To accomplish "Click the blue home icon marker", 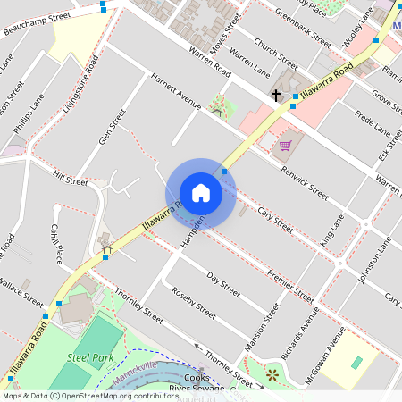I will click(x=201, y=193).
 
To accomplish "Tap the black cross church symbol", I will click(x=277, y=94).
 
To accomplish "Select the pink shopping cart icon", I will click(x=285, y=145).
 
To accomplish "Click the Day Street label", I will click(x=222, y=285).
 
